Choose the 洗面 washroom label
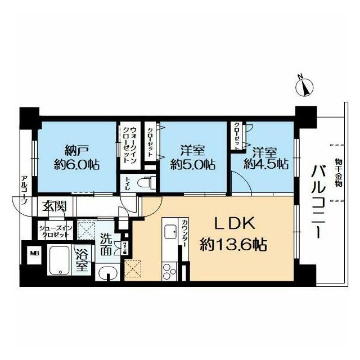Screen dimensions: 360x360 tap(107, 245)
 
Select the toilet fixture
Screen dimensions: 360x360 tap(147, 182)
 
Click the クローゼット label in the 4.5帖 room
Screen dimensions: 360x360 tap(237, 135)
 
